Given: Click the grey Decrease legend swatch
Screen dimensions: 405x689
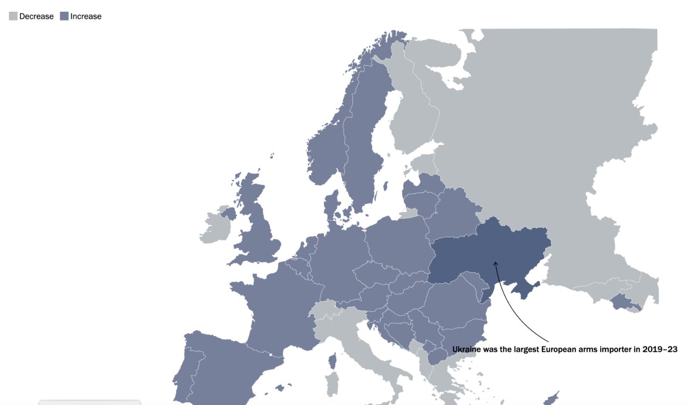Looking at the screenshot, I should [13, 16].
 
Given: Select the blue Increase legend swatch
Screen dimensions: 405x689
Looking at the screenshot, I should [64, 16].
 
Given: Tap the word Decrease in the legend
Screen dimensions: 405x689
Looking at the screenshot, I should [36, 16].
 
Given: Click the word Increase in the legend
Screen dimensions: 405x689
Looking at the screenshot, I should [86, 16].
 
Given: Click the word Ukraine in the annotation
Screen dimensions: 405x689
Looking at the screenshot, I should [466, 349].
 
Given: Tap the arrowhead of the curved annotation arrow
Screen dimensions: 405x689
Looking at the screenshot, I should [496, 263].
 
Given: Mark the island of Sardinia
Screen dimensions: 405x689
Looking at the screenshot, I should [333, 384].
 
